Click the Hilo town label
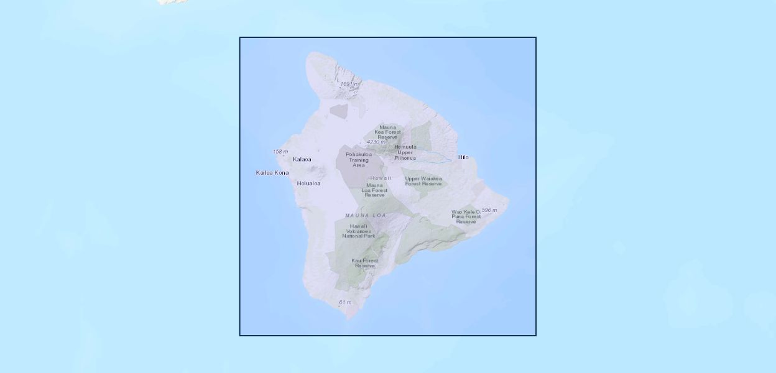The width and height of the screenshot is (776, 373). click(x=463, y=157)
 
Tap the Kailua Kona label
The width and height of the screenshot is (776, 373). click(x=272, y=172)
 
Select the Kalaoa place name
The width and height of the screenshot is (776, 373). click(x=302, y=159)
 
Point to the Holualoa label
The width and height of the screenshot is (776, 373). click(x=309, y=183)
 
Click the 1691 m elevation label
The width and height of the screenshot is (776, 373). click(x=349, y=83)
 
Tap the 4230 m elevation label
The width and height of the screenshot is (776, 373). click(x=376, y=142)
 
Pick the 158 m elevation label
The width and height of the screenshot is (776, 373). click(x=280, y=152)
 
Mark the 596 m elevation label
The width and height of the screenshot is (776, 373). click(x=489, y=210)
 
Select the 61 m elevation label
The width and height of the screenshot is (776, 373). click(x=345, y=302)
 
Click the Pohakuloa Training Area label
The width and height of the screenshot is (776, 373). click(x=359, y=160)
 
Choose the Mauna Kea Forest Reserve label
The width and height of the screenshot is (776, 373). click(x=387, y=132)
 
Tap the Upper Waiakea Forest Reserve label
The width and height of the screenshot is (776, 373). click(x=423, y=181)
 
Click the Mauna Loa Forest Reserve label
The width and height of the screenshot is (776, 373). click(x=375, y=190)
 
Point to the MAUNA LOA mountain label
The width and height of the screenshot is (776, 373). click(x=366, y=215)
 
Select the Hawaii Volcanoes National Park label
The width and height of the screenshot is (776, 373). click(x=359, y=231)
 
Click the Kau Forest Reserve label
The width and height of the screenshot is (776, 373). click(x=365, y=263)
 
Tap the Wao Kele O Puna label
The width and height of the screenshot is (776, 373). click(x=466, y=216)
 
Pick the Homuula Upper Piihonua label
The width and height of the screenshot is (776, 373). click(x=405, y=152)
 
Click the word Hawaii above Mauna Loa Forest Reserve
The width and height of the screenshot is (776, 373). click(x=381, y=178)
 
